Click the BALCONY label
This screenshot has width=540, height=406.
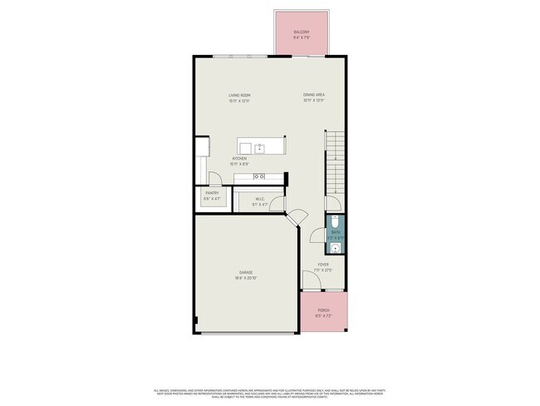[300, 33]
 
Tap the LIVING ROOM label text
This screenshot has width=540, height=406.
[239, 96]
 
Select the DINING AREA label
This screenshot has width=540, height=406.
[313, 96]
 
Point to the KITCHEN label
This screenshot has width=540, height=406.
[239, 158]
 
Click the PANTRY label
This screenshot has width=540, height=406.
[212, 194]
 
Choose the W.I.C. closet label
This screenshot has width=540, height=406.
[259, 198]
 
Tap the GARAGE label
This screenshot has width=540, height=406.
[246, 272]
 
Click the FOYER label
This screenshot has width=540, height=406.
[323, 266]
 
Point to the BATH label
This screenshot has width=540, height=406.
[336, 233]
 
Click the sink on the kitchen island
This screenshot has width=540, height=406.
[260, 147]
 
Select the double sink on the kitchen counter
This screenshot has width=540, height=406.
[258, 176]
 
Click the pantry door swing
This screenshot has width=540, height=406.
[214, 178]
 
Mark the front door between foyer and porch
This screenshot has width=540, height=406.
[323, 290]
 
